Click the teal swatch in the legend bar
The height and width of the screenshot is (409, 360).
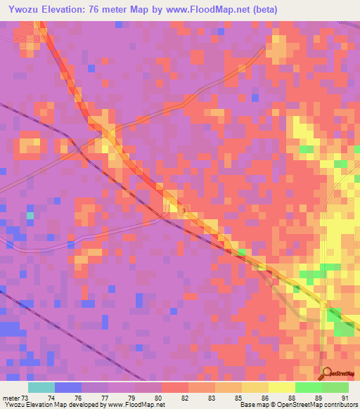(x=41, y=388)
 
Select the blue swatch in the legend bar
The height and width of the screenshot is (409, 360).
(x=68, y=388)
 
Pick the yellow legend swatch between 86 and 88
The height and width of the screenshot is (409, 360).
(x=282, y=388)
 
